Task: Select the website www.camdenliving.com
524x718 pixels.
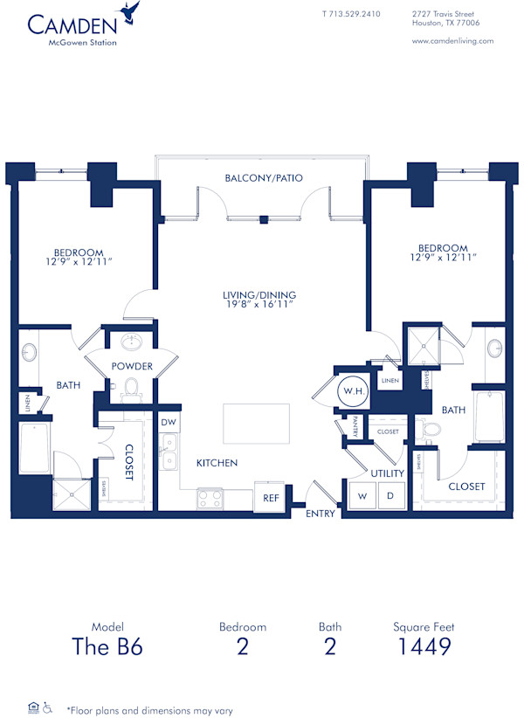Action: [x=452, y=40]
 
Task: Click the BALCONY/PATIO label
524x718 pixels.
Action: [x=264, y=177]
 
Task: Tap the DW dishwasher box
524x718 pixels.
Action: [x=169, y=422]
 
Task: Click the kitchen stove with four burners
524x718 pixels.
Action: [x=210, y=498]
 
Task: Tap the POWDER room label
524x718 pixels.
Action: [x=132, y=366]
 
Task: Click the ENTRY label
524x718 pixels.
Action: [x=321, y=514]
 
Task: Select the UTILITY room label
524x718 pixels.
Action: [x=387, y=473]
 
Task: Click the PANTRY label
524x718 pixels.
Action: [x=356, y=427]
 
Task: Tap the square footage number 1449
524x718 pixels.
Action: [x=423, y=646]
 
